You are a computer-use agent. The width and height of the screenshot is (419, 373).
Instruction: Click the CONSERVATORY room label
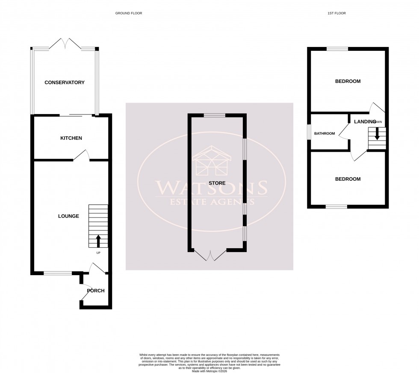tap(65, 82)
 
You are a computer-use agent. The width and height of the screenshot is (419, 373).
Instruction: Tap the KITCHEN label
tap(71, 138)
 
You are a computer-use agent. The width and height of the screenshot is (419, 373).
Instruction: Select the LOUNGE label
tap(68, 216)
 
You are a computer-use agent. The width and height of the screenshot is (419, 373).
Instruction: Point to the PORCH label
tap(96, 291)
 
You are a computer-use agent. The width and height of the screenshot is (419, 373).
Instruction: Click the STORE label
tap(217, 183)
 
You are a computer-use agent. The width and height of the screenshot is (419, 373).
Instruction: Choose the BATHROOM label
tap(325, 134)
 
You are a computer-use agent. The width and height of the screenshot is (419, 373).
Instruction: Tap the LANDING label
tap(365, 122)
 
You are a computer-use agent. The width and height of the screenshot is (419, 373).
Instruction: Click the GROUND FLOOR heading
tap(129, 13)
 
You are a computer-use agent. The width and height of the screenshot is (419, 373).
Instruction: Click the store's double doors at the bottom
tap(210, 256)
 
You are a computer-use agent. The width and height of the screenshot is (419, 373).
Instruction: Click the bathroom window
tap(309, 132)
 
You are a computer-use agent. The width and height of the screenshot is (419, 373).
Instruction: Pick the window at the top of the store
tap(214, 115)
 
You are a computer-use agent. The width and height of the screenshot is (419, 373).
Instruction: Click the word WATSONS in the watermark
tap(211, 187)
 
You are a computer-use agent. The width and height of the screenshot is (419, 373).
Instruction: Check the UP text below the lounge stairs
tap(98, 253)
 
